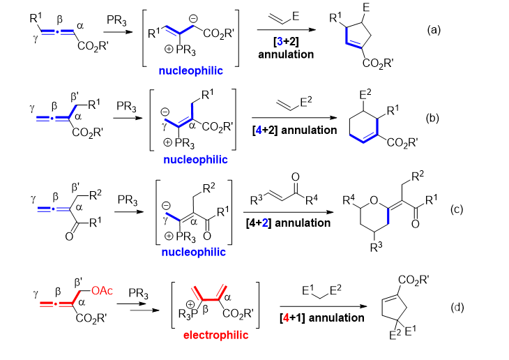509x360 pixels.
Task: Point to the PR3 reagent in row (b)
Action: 126,106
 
